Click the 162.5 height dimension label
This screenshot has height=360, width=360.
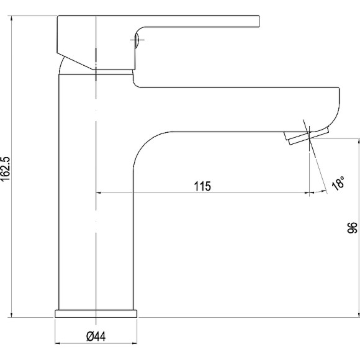point(6,169)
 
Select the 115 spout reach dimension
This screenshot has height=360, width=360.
point(202,186)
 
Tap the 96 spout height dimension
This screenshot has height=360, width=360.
point(353,228)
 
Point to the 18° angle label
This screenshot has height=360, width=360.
point(339,183)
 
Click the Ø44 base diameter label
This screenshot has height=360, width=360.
point(96,336)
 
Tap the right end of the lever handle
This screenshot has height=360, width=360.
point(259,21)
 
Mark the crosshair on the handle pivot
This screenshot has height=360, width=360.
point(137,40)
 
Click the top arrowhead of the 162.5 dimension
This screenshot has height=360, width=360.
point(11,18)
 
